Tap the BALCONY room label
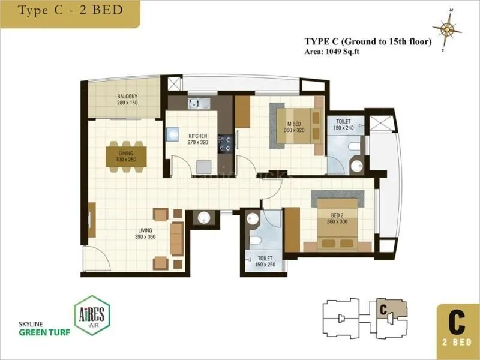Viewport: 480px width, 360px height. [127, 97]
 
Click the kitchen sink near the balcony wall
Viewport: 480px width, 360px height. [194, 103]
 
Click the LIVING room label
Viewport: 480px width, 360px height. [144, 230]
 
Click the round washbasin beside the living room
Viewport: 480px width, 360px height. [205, 218]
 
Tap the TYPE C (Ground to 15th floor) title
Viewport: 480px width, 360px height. [368, 42]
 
